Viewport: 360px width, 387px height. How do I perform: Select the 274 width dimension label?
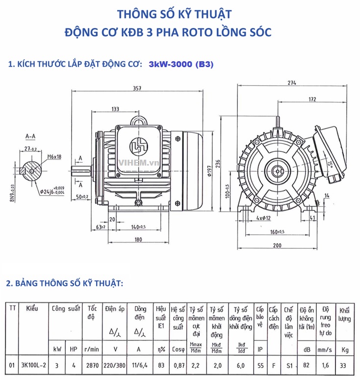292,83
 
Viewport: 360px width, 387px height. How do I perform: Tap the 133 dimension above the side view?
115,109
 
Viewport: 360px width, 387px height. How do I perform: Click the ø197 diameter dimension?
209,169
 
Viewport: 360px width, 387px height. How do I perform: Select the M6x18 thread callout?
54,157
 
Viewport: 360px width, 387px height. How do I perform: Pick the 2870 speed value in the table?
92,365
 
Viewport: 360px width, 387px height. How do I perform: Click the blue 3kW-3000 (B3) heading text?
180,65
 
